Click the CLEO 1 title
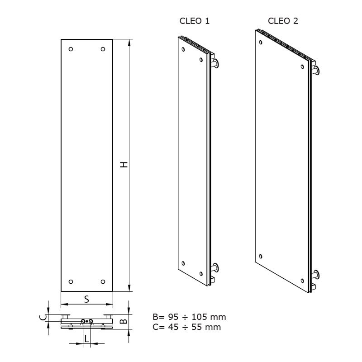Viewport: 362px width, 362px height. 195,21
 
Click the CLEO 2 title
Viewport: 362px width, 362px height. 283,21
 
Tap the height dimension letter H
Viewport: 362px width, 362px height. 124,165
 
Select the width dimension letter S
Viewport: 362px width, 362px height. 86,300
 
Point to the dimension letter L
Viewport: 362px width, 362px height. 86,339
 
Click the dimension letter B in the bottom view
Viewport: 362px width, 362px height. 124,321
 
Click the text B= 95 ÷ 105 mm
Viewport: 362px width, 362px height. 189,317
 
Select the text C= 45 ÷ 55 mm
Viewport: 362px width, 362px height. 187,327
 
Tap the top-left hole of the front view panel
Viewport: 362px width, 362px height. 71,49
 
